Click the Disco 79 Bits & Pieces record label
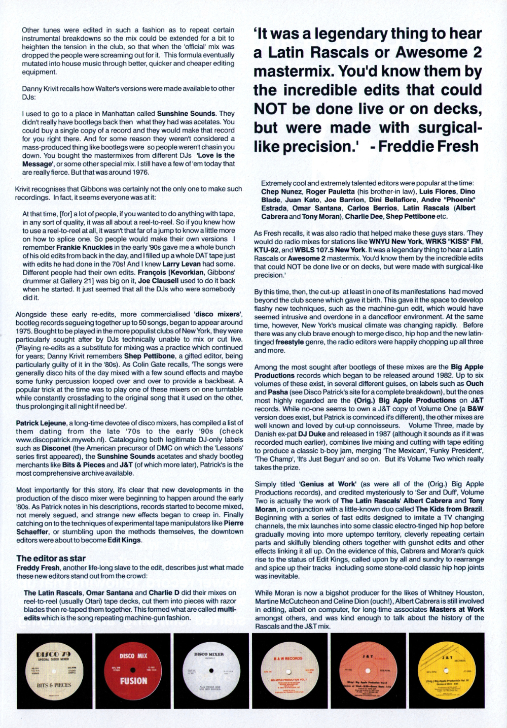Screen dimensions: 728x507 tap(54, 671)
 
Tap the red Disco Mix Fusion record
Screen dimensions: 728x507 tap(133, 671)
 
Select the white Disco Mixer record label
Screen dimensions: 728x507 tap(209, 671)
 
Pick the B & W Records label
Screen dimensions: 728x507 tap(288, 671)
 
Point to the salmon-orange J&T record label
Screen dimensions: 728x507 tap(368, 671)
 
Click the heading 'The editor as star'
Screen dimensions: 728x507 tap(51, 558)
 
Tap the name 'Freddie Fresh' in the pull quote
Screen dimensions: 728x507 tap(428, 146)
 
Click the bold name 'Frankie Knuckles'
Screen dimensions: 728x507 tap(84, 247)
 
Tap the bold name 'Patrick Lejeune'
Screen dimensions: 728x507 tap(41, 423)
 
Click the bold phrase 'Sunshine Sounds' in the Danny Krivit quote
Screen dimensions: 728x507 tap(186, 114)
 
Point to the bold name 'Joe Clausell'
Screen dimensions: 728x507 tap(158, 281)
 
